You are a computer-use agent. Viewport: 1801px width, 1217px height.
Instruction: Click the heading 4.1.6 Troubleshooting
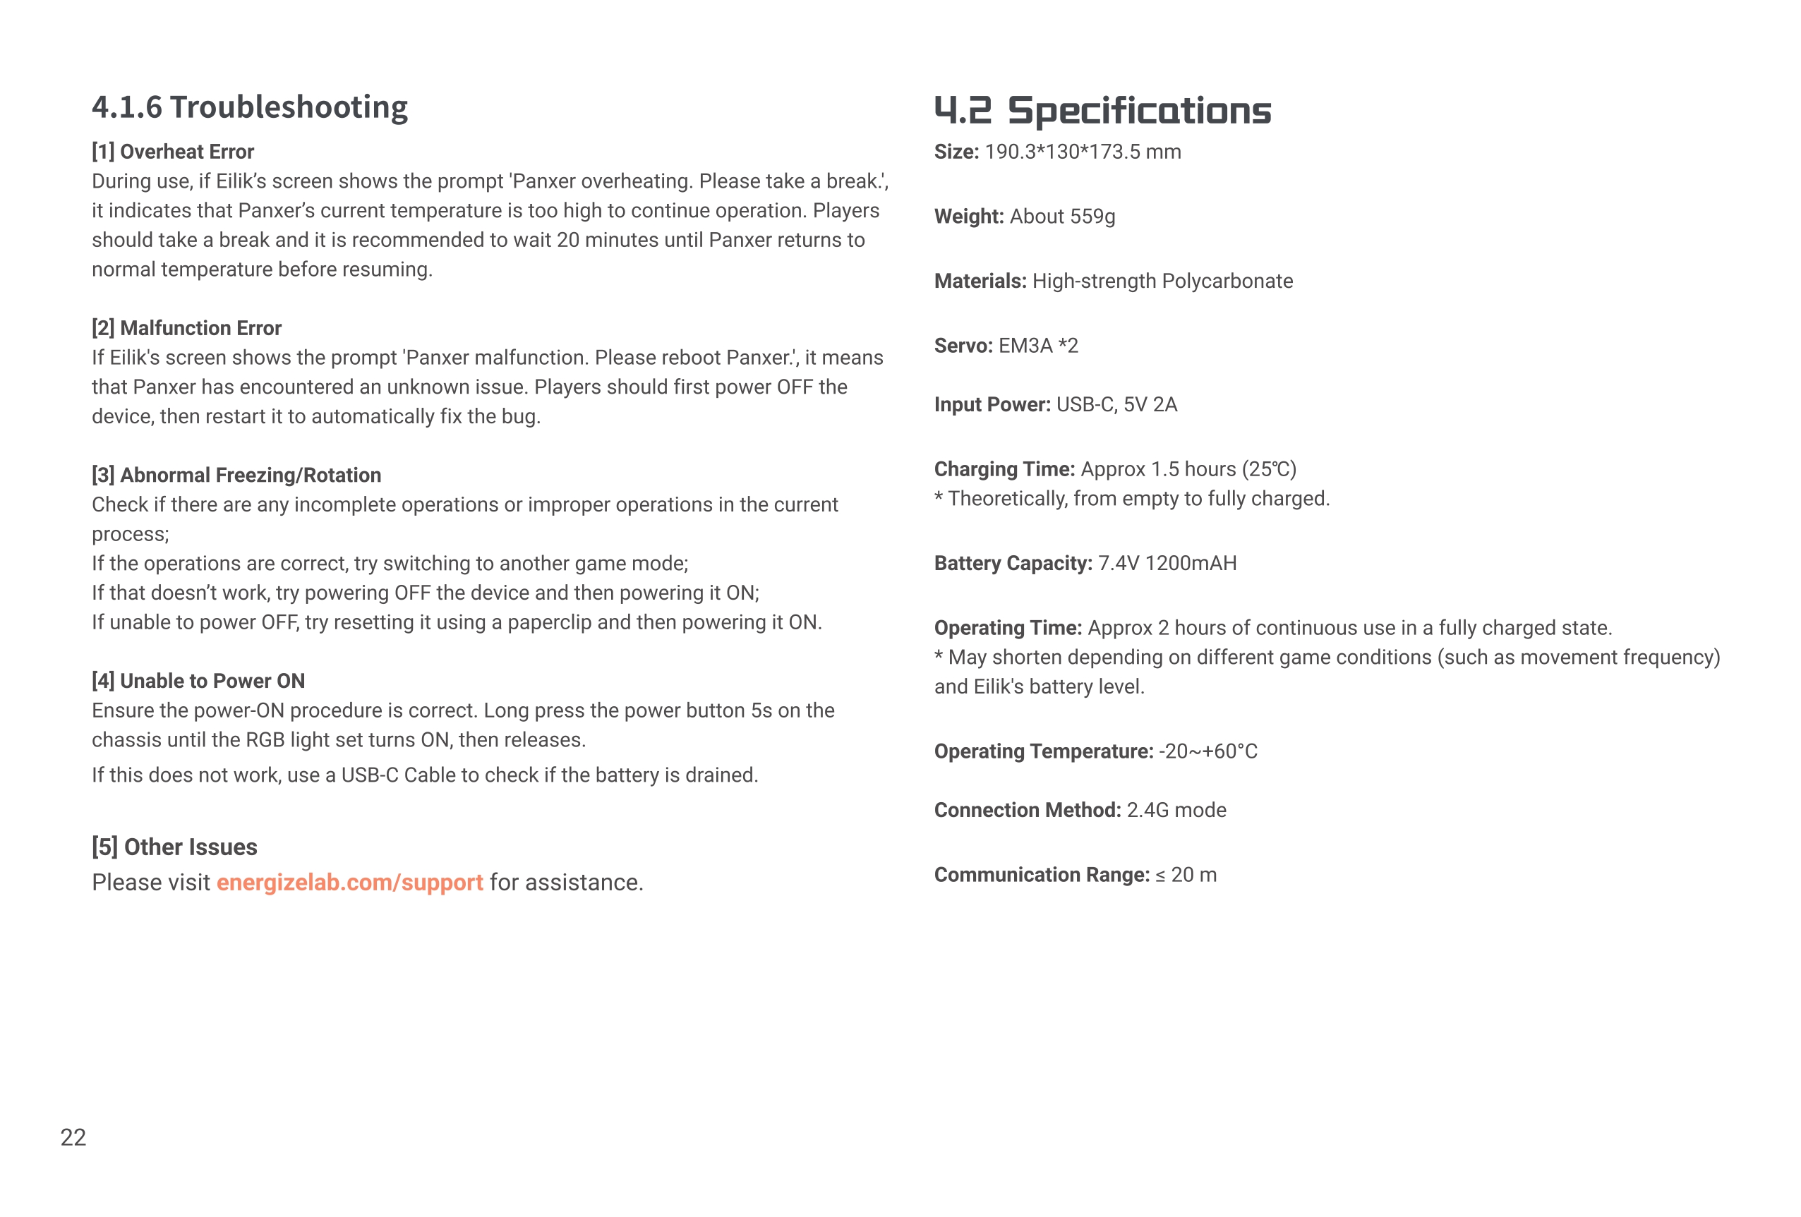coord(250,107)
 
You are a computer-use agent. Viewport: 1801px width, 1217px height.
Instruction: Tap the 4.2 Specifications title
coord(1102,111)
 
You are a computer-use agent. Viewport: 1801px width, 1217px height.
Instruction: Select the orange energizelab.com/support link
coord(349,883)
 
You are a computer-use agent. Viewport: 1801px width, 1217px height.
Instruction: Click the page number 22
coord(73,1137)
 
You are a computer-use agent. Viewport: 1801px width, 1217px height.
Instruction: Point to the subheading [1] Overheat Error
coord(173,152)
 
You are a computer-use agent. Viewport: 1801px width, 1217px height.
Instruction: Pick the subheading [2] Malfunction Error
coord(187,329)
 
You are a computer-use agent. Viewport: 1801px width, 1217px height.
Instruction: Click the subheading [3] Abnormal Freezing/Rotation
coord(236,476)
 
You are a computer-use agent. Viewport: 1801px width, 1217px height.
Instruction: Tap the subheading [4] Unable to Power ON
coord(198,682)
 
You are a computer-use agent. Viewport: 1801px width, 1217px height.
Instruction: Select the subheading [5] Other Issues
coord(174,847)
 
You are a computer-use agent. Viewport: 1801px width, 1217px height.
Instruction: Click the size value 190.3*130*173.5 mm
coord(1083,152)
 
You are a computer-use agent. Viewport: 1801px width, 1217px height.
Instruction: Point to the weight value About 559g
coord(1063,217)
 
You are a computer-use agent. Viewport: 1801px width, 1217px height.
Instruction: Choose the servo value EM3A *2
coord(1038,346)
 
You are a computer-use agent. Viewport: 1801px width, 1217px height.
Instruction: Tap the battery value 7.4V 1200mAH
coord(1167,564)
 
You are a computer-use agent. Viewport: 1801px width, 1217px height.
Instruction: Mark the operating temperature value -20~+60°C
coord(1207,752)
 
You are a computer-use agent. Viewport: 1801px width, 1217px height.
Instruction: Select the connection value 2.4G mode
coord(1176,811)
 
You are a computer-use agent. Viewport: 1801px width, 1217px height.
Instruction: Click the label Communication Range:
coord(1042,876)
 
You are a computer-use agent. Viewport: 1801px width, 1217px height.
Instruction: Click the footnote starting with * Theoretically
coord(1132,499)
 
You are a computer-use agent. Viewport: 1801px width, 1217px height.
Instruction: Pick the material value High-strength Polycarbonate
coord(1162,281)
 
